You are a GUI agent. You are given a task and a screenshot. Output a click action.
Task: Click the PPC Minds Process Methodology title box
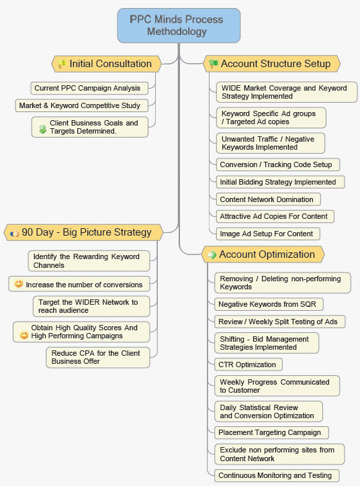(179, 26)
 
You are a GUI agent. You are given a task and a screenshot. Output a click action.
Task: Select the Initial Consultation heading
(106, 64)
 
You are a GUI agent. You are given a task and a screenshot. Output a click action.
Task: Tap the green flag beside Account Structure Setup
(214, 64)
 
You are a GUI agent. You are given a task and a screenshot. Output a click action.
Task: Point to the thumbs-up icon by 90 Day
(14, 233)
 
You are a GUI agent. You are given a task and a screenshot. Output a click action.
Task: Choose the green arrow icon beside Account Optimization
(212, 255)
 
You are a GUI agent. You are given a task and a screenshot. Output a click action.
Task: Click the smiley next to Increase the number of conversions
(19, 283)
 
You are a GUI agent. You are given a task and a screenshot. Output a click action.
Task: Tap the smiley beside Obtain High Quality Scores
(24, 335)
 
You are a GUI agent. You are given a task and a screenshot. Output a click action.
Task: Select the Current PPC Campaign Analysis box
(89, 89)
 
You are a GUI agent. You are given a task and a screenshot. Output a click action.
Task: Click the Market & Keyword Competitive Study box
(81, 105)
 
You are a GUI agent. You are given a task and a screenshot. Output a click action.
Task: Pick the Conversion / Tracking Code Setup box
(278, 164)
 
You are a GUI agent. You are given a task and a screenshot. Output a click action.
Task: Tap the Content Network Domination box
(268, 199)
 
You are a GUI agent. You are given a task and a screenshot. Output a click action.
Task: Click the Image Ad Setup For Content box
(268, 234)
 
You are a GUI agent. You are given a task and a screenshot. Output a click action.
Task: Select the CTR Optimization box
(249, 364)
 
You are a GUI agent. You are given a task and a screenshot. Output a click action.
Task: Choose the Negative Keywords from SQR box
(269, 304)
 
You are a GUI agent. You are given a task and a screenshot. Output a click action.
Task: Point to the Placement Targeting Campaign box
(271, 432)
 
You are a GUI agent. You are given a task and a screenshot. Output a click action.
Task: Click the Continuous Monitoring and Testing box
(277, 475)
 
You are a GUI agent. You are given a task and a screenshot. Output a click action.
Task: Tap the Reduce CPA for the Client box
(98, 357)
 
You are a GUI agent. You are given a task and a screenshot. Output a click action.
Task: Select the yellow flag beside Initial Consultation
(62, 64)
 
